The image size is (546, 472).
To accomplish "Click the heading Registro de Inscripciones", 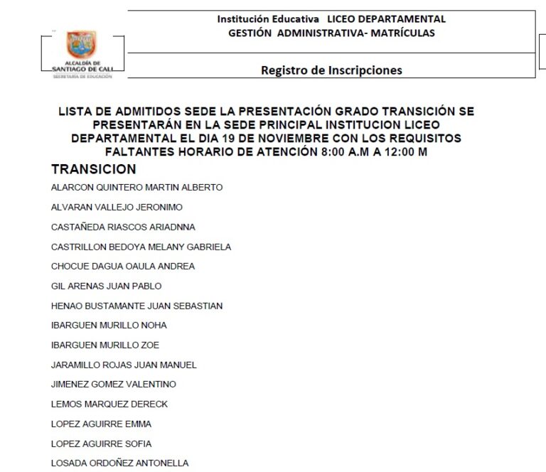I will [x=331, y=70].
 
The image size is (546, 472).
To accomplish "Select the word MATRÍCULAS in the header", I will [x=399, y=33].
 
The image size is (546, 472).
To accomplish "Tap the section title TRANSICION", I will [x=93, y=169].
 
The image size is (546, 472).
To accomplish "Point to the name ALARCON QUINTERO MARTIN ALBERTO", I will [x=136, y=188].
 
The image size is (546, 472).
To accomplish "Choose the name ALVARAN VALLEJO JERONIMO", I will [x=117, y=208].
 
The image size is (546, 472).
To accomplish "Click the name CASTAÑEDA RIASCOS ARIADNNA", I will [x=123, y=227].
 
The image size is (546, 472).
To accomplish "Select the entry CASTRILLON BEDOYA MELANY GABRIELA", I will [x=141, y=247].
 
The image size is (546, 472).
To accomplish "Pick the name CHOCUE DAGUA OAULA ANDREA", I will [x=123, y=267].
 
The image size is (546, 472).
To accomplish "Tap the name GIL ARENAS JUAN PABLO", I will [x=106, y=286].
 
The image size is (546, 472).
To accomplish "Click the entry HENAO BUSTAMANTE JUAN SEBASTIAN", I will [x=136, y=306].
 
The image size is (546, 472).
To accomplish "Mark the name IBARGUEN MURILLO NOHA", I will [x=109, y=326].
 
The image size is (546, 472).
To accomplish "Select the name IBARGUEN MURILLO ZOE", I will [x=105, y=345].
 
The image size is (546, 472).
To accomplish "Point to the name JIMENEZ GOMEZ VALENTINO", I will [x=114, y=385].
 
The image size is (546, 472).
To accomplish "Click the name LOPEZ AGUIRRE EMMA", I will [x=101, y=424].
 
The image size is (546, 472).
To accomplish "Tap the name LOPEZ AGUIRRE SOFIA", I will [x=101, y=444].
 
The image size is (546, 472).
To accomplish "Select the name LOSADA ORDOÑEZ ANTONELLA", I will [x=119, y=463].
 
